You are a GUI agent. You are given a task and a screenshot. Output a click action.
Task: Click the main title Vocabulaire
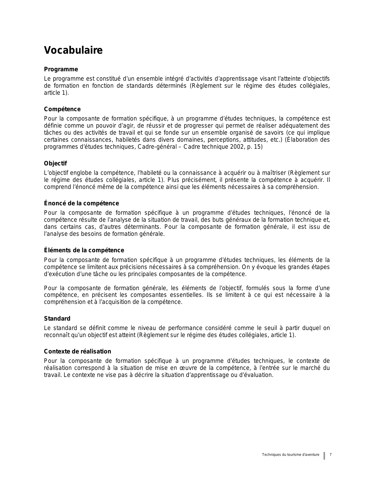(73, 50)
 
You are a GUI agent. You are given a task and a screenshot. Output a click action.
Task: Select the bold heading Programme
(61, 70)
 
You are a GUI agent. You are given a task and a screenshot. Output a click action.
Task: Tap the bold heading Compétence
(62, 109)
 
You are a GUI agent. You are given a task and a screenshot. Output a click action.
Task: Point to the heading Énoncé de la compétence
(82, 204)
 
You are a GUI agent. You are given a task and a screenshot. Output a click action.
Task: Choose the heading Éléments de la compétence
(84, 251)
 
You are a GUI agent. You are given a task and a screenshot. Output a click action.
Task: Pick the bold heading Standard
(57, 319)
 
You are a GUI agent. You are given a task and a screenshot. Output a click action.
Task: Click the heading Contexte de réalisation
(77, 352)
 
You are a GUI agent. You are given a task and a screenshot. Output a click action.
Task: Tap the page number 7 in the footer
(331, 455)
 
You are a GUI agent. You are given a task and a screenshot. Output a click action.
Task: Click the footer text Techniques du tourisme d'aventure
(290, 455)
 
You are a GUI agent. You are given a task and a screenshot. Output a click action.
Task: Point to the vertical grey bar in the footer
(324, 456)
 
